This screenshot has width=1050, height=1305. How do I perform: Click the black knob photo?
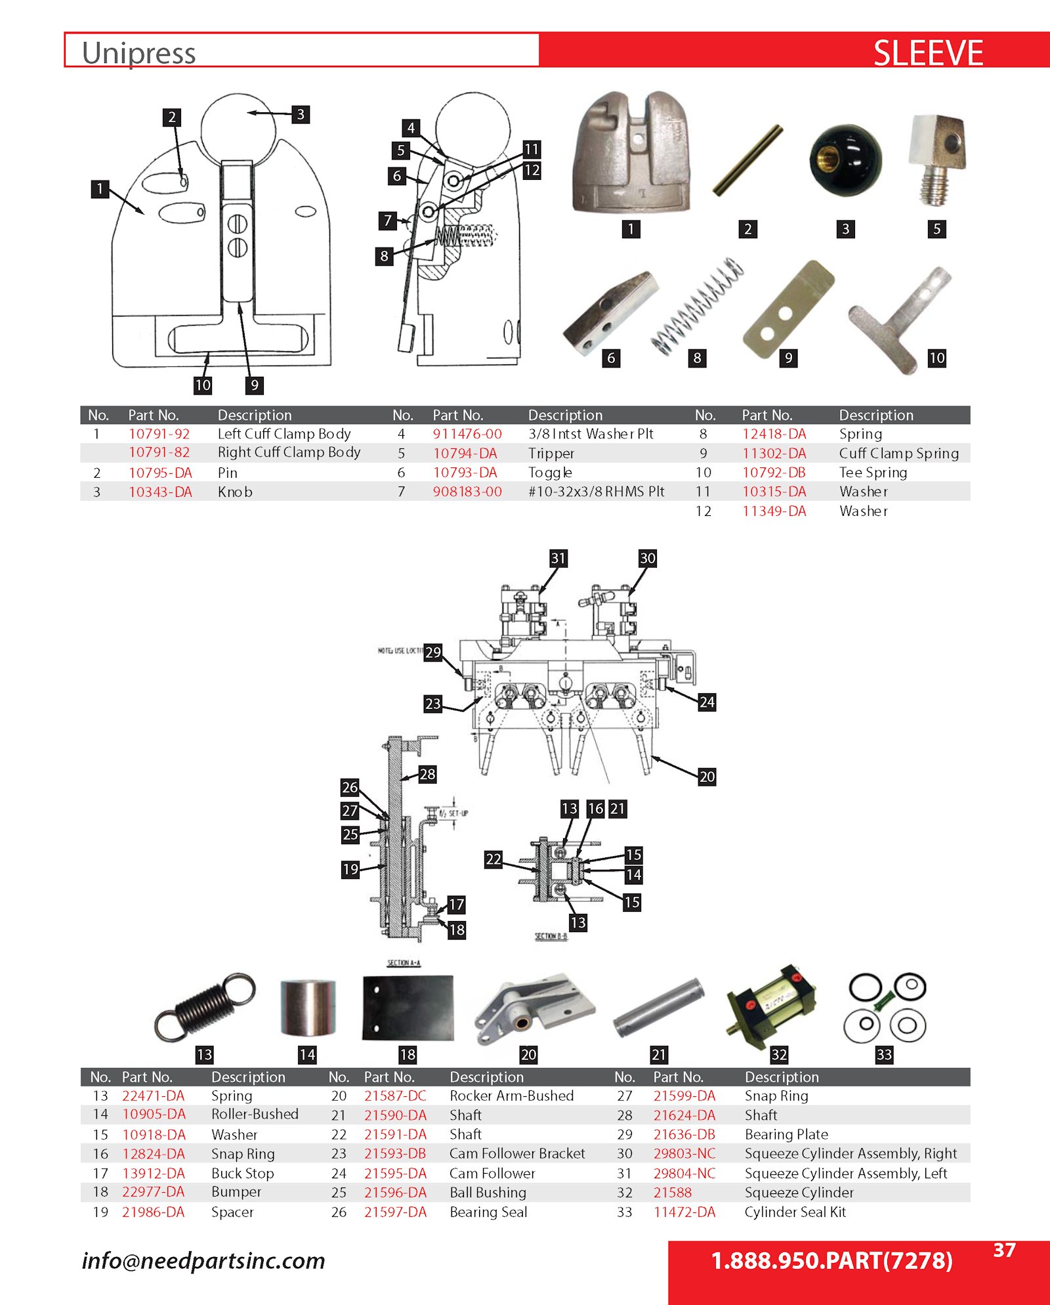coord(845,161)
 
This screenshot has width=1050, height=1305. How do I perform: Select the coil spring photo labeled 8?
coord(697,305)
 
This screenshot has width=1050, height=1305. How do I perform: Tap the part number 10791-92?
coord(159,434)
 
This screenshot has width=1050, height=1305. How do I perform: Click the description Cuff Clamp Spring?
coord(898,453)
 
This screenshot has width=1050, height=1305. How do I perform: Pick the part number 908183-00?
coord(467,491)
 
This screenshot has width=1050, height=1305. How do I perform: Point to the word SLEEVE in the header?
coord(927,53)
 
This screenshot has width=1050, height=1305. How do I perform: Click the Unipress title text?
coord(138,53)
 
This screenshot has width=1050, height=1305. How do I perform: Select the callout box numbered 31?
coord(558,558)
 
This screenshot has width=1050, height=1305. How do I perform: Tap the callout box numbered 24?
coord(706,702)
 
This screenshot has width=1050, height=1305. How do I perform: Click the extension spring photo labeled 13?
coord(204,1006)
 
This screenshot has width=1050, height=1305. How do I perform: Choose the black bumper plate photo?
coord(408,1007)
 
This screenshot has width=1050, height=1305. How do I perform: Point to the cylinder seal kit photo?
coord(887,1007)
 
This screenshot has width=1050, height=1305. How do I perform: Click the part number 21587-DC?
coord(395,1096)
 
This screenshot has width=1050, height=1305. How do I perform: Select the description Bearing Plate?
coord(786,1134)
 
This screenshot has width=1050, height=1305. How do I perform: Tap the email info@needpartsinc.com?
coord(203,1260)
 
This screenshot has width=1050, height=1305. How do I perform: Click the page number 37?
coord(1004,1250)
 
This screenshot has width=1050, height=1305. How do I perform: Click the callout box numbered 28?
coord(427,774)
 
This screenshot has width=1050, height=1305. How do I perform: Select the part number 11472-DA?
coord(684,1212)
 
